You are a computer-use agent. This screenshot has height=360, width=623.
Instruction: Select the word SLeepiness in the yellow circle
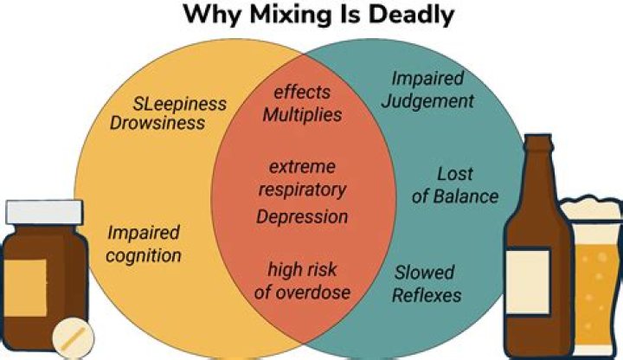[x=180, y=104]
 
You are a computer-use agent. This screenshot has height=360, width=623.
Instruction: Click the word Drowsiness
[x=157, y=123]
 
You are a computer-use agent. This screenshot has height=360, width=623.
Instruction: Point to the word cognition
[x=144, y=255]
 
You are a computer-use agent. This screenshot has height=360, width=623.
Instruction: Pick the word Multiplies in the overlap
[x=302, y=115]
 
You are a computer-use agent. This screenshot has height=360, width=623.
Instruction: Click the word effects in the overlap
[x=302, y=93]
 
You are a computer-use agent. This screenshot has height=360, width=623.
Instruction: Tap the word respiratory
[x=302, y=190]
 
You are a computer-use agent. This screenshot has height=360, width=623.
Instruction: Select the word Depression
[x=302, y=217]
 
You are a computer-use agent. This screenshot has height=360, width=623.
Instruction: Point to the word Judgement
[x=427, y=102]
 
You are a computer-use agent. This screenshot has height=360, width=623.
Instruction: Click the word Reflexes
[x=427, y=295]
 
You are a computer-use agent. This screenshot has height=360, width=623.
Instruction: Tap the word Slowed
[x=424, y=273]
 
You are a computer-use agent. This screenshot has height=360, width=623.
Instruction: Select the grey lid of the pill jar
[x=44, y=212]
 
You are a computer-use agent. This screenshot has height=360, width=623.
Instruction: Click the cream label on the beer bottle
[x=528, y=281]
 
